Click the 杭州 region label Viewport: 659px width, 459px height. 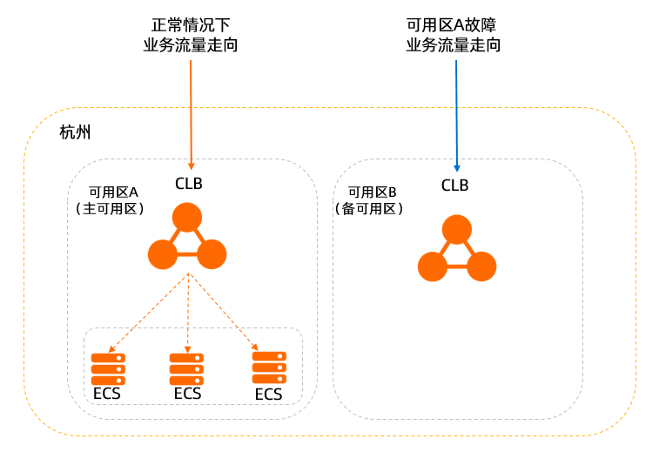pyautogui.click(x=76, y=133)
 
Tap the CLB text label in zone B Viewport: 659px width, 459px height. pyautogui.click(x=454, y=185)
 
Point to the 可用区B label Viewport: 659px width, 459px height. pyautogui.click(x=372, y=192)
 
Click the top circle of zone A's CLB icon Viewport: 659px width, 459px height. pyautogui.click(x=187, y=217)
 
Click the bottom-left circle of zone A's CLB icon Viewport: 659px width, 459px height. pyautogui.click(x=163, y=254)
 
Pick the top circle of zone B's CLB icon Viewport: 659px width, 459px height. pyautogui.click(x=456, y=229)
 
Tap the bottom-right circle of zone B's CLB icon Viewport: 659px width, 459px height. pyautogui.click(x=481, y=267)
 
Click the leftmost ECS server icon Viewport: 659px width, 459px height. pyautogui.click(x=109, y=368)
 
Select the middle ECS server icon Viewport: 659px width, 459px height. pyautogui.click(x=187, y=369)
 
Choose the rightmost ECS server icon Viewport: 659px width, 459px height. pyautogui.click(x=269, y=367)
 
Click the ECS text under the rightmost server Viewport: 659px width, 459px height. pyautogui.click(x=269, y=395)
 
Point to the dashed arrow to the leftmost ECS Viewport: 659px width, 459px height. pyautogui.click(x=149, y=314)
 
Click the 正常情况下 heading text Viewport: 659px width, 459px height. pyautogui.click(x=190, y=25)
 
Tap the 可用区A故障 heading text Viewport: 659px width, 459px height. pyautogui.click(x=454, y=25)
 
